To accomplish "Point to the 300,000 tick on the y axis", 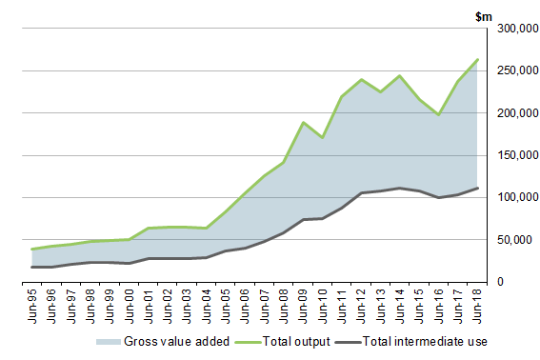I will (511, 30).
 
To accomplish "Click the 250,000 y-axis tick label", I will (511, 71).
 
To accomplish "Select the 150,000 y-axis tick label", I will (511, 155).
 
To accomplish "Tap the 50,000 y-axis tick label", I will (514, 240).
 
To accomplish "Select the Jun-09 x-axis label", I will (279, 304).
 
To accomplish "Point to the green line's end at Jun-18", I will (477, 59).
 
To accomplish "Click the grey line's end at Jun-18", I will (477, 188).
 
